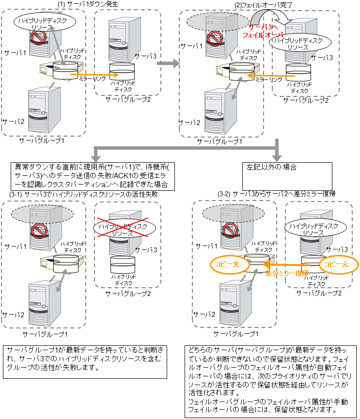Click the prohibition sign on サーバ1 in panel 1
[x=38, y=38]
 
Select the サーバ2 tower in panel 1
[x=44, y=110]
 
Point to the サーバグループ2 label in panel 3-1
[x=128, y=294]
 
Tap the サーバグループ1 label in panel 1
[x=41, y=140]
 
